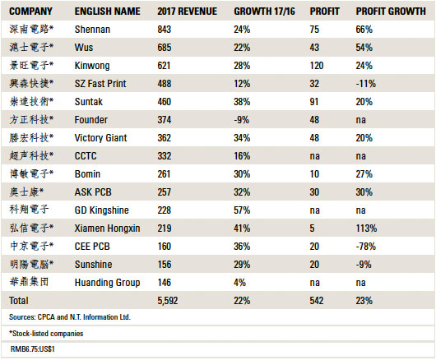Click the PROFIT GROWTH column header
(391, 12)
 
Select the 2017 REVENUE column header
(187, 12)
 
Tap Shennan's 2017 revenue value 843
(164, 30)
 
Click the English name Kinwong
(92, 66)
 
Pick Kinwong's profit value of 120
(317, 66)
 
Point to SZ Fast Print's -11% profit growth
(365, 84)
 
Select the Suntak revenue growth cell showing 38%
(242, 102)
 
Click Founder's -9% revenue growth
(241, 120)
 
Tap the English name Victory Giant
(100, 138)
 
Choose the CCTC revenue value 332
(164, 156)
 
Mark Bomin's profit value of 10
(314, 174)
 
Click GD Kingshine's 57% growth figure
(242, 210)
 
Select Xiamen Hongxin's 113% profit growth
(366, 228)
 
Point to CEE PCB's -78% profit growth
(365, 247)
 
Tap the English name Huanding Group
(107, 283)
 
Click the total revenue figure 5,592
(167, 301)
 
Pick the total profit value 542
(317, 301)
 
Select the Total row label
(19, 301)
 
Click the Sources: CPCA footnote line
(70, 317)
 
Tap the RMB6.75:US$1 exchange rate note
(33, 348)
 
